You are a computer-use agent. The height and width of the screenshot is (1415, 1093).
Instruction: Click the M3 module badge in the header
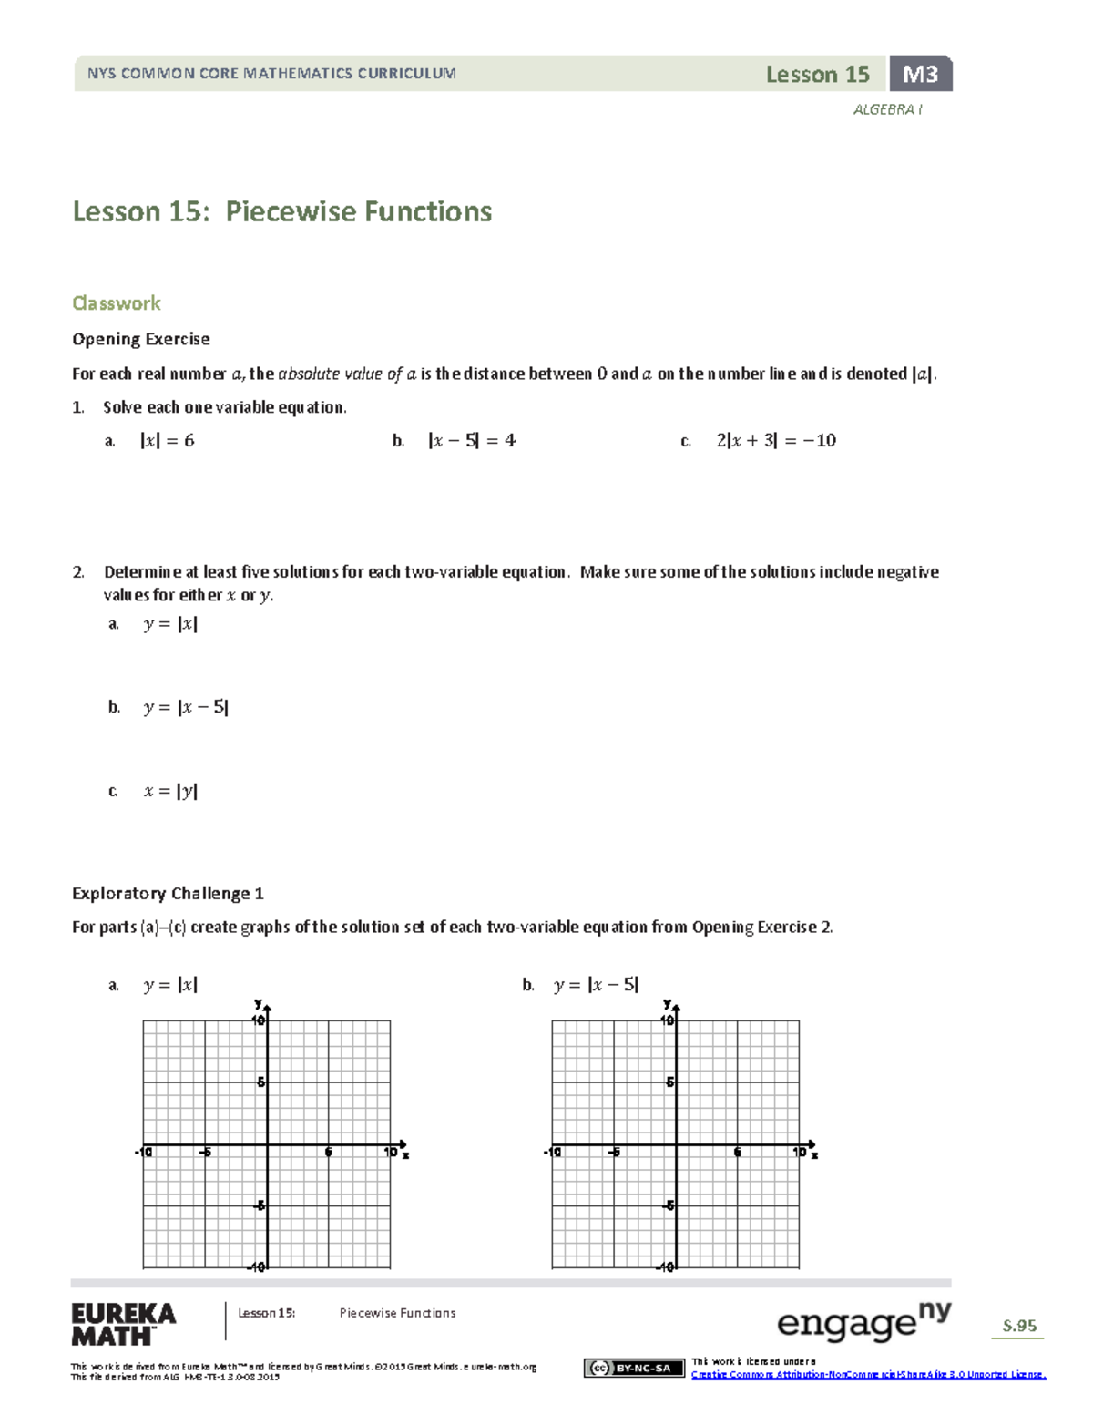(x=920, y=74)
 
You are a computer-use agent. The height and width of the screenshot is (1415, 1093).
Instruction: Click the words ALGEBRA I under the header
(x=887, y=109)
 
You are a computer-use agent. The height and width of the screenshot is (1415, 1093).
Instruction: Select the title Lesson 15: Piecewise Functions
(x=281, y=211)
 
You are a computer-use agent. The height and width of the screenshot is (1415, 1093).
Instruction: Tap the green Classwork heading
(x=116, y=302)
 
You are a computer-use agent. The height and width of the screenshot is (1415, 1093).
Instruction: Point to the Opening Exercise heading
(x=140, y=339)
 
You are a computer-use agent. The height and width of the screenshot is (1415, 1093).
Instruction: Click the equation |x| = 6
(x=167, y=441)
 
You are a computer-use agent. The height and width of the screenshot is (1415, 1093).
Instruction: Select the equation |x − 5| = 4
(x=471, y=441)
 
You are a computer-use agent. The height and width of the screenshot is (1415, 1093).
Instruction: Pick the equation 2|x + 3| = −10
(x=775, y=441)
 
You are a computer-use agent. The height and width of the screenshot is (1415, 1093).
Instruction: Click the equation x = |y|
(x=170, y=791)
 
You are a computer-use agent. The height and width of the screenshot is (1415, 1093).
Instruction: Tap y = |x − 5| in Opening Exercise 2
(x=186, y=707)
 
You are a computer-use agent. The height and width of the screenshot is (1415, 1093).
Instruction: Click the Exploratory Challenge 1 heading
(x=168, y=893)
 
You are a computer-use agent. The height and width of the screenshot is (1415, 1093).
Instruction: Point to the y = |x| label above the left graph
(x=170, y=985)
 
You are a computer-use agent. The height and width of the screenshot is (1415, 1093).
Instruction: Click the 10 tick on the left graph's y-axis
(x=260, y=1020)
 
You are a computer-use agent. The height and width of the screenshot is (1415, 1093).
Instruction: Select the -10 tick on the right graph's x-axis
(x=552, y=1153)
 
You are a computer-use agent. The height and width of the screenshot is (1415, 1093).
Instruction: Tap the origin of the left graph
(x=267, y=1144)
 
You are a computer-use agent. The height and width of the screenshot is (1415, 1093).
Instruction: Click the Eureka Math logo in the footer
(x=123, y=1324)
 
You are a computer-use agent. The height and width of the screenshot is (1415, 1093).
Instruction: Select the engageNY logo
(x=863, y=1321)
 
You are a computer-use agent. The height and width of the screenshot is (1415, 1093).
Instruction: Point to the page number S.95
(x=1019, y=1326)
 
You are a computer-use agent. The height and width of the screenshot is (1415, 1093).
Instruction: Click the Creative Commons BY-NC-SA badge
(x=634, y=1368)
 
